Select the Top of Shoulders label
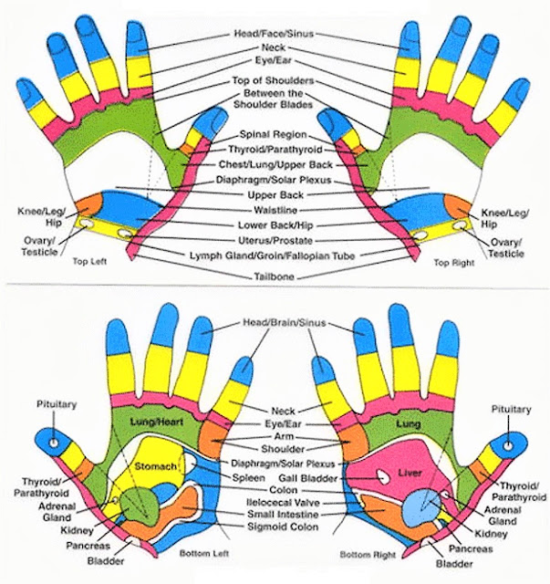[x=274, y=81]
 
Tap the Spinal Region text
[x=274, y=133]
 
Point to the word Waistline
[x=274, y=210]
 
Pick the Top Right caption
[x=454, y=262]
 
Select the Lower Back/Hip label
[x=274, y=224]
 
